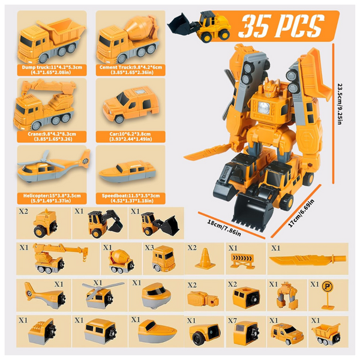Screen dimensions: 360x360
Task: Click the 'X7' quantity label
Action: [x=233, y=320]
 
